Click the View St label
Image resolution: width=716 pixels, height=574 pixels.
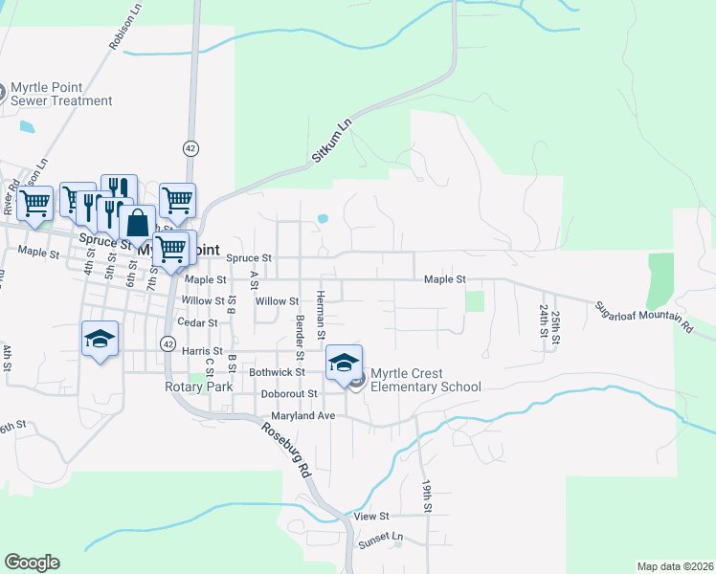pyautogui.click(x=369, y=516)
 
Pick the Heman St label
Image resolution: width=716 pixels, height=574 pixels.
pyautogui.click(x=322, y=314)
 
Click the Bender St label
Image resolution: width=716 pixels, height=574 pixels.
pyautogui.click(x=300, y=325)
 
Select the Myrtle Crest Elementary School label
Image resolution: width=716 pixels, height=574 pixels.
pyautogui.click(x=425, y=380)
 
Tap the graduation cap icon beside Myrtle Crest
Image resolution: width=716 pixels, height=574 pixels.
pyautogui.click(x=344, y=362)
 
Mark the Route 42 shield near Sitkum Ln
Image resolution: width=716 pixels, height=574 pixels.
pyautogui.click(x=191, y=148)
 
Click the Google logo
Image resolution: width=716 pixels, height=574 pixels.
pyautogui.click(x=32, y=563)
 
